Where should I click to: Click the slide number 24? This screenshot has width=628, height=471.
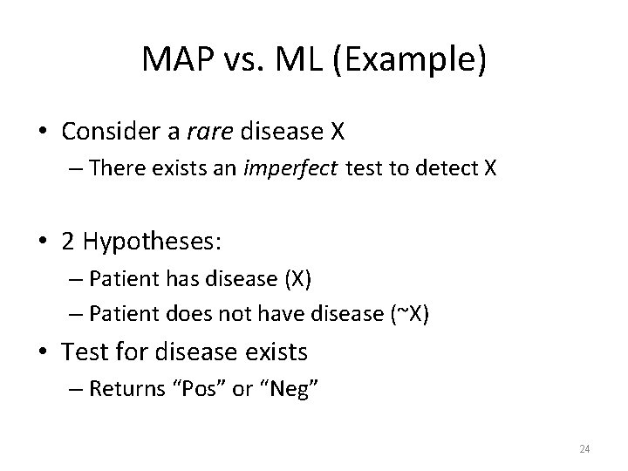[584, 449]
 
